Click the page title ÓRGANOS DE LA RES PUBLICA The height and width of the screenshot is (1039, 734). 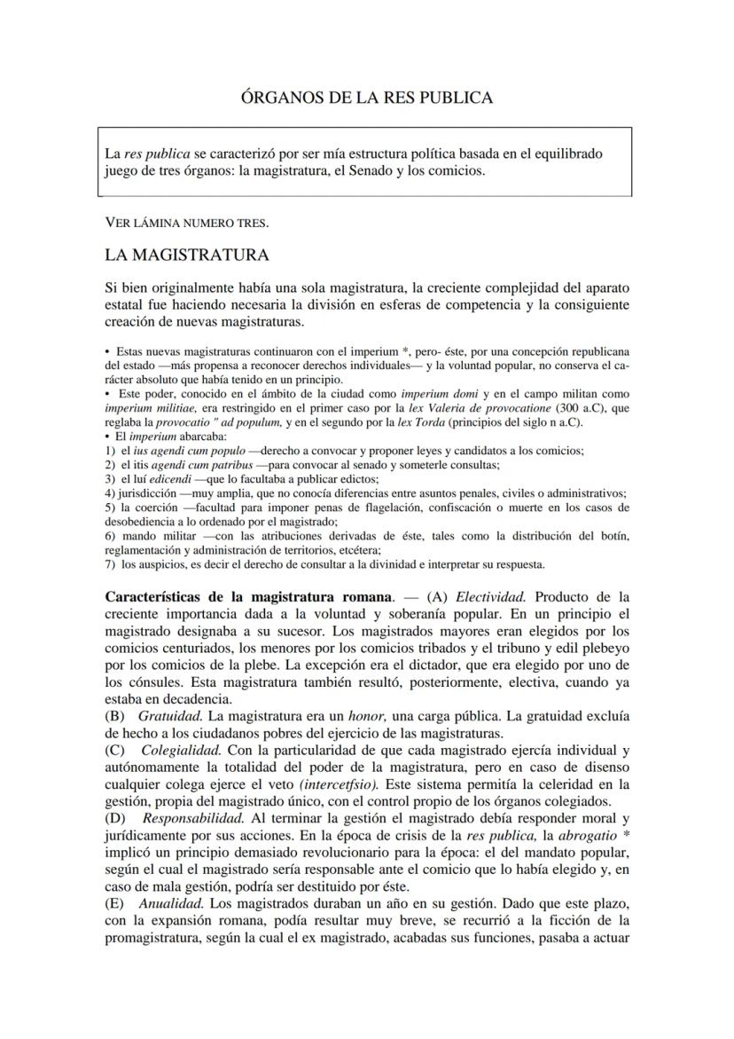367,98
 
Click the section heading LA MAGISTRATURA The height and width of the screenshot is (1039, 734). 186,256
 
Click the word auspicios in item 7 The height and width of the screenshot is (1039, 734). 147,563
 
